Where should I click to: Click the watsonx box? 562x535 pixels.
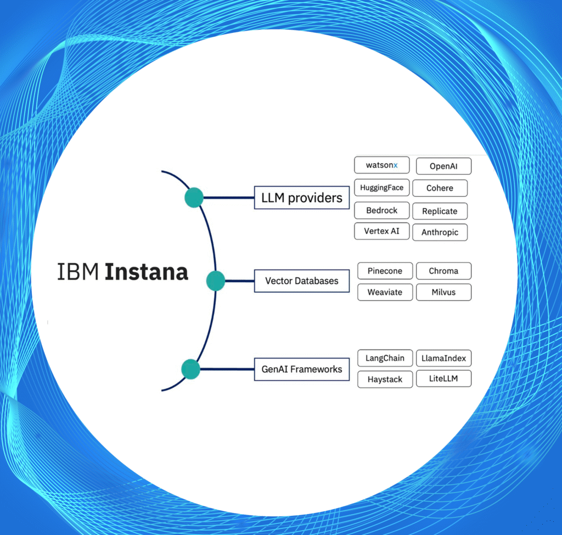(x=382, y=165)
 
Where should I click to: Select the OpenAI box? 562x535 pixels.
(x=443, y=166)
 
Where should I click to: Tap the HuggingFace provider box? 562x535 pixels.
(x=381, y=187)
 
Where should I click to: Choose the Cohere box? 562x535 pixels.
(x=440, y=188)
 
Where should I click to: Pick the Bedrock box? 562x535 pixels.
(x=381, y=210)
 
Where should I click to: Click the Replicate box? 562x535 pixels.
(x=440, y=211)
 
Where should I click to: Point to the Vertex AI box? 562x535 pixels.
(x=381, y=231)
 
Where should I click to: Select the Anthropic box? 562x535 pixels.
(x=440, y=232)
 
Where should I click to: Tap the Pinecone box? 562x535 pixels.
(x=385, y=271)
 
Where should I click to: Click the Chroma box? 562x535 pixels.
(x=443, y=271)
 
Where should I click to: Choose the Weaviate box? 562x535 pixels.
(x=385, y=292)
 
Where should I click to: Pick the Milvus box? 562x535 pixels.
(x=443, y=292)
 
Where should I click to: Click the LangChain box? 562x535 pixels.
(x=385, y=358)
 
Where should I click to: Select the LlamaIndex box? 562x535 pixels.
(x=443, y=358)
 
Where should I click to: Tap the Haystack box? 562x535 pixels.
(x=385, y=380)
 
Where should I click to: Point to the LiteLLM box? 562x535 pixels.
(x=443, y=379)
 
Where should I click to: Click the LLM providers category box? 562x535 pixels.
(x=301, y=198)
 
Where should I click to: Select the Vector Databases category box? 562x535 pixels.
(x=302, y=281)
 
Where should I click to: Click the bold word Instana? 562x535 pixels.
(x=147, y=272)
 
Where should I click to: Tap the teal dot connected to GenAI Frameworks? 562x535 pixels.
(x=190, y=369)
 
